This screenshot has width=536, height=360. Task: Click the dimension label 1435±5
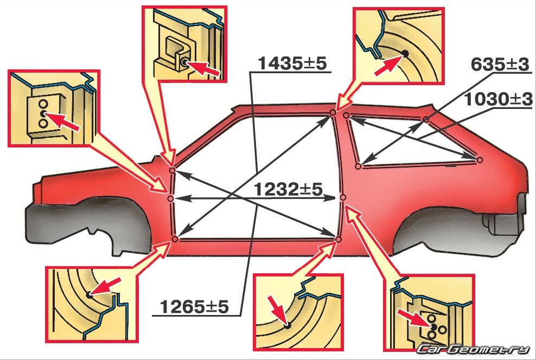tap(292, 63)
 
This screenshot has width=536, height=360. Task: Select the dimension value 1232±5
tap(288, 190)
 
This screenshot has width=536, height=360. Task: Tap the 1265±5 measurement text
tap(194, 307)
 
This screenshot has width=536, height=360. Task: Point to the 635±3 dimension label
tap(500, 64)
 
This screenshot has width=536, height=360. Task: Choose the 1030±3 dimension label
tap(498, 99)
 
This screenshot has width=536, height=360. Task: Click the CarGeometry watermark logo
tap(473, 349)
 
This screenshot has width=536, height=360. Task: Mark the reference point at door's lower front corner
tap(175, 239)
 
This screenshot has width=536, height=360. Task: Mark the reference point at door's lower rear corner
tap(339, 240)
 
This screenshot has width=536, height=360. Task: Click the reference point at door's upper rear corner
tap(333, 112)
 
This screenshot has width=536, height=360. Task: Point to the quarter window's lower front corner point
tap(358, 166)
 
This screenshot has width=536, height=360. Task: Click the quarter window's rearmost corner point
tap(479, 159)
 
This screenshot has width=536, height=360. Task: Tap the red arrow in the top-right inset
tap(388, 66)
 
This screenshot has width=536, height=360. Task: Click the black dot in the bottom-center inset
tap(287, 325)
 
